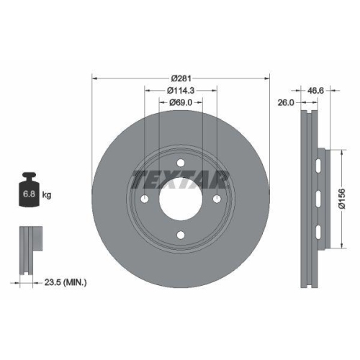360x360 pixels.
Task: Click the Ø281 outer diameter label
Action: pyautogui.click(x=180, y=77)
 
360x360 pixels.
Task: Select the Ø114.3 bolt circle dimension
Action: pyautogui.click(x=181, y=91)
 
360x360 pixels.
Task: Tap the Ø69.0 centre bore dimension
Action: pyautogui.click(x=181, y=104)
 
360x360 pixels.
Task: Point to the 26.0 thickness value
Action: pyautogui.click(x=286, y=103)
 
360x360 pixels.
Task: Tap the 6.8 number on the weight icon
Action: pyautogui.click(x=29, y=195)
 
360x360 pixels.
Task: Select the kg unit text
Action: pyautogui.click(x=46, y=195)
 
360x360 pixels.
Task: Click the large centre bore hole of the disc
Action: pyautogui.click(x=180, y=197)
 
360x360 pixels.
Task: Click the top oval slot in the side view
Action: pyautogui.click(x=317, y=167)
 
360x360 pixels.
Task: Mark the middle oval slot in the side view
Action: pyautogui.click(x=317, y=198)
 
